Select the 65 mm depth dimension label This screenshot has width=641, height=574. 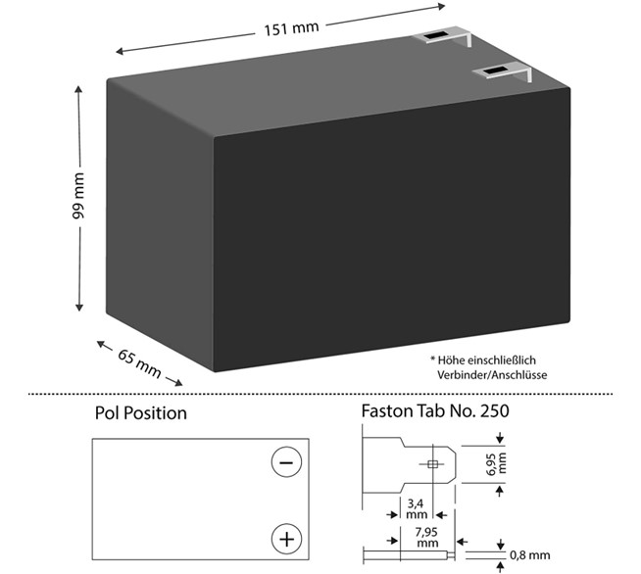(139, 362)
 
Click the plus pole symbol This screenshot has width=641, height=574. (285, 538)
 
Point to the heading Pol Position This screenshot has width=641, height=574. (140, 412)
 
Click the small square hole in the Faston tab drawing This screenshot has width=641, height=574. (432, 463)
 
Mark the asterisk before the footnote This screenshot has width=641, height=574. (432, 359)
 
